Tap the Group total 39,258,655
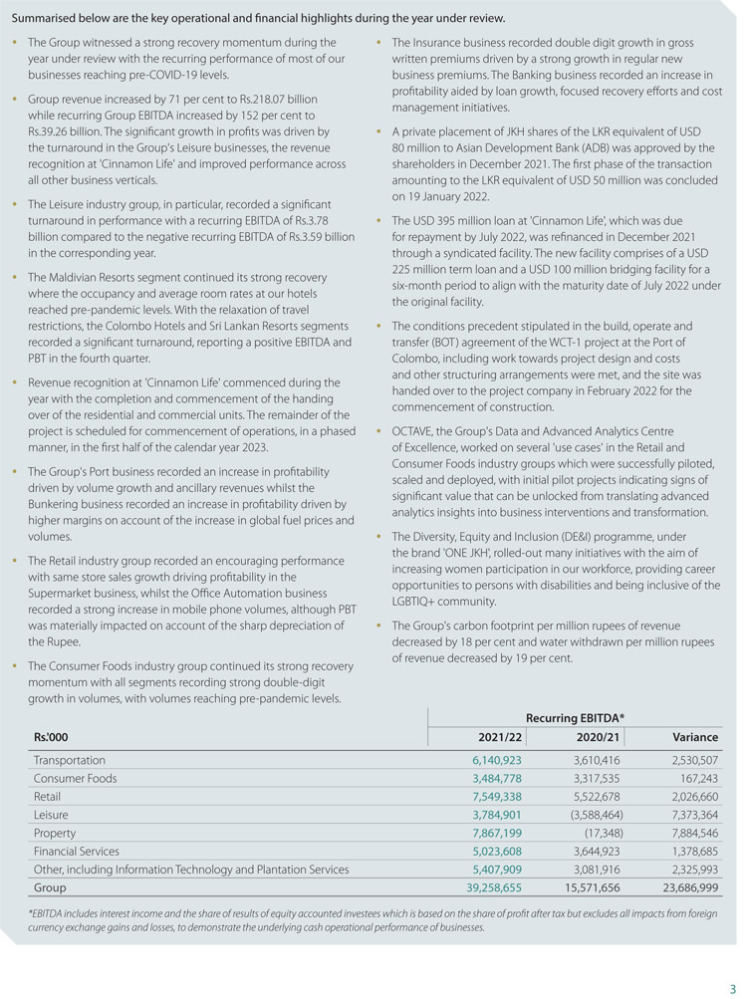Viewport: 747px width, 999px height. tap(486, 887)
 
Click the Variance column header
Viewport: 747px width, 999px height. tap(695, 737)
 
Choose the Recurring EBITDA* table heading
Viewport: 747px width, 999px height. tap(575, 717)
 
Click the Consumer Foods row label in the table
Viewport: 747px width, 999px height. tap(75, 778)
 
